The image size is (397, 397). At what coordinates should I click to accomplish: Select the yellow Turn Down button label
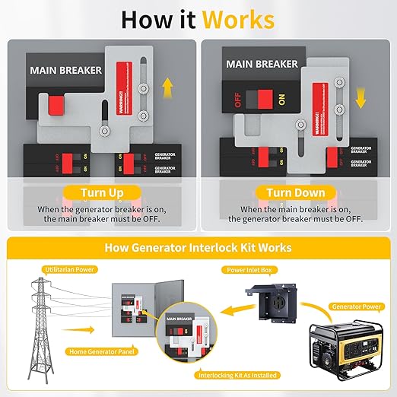[x=296, y=193]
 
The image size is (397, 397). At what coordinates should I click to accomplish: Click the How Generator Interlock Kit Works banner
[x=198, y=248]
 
